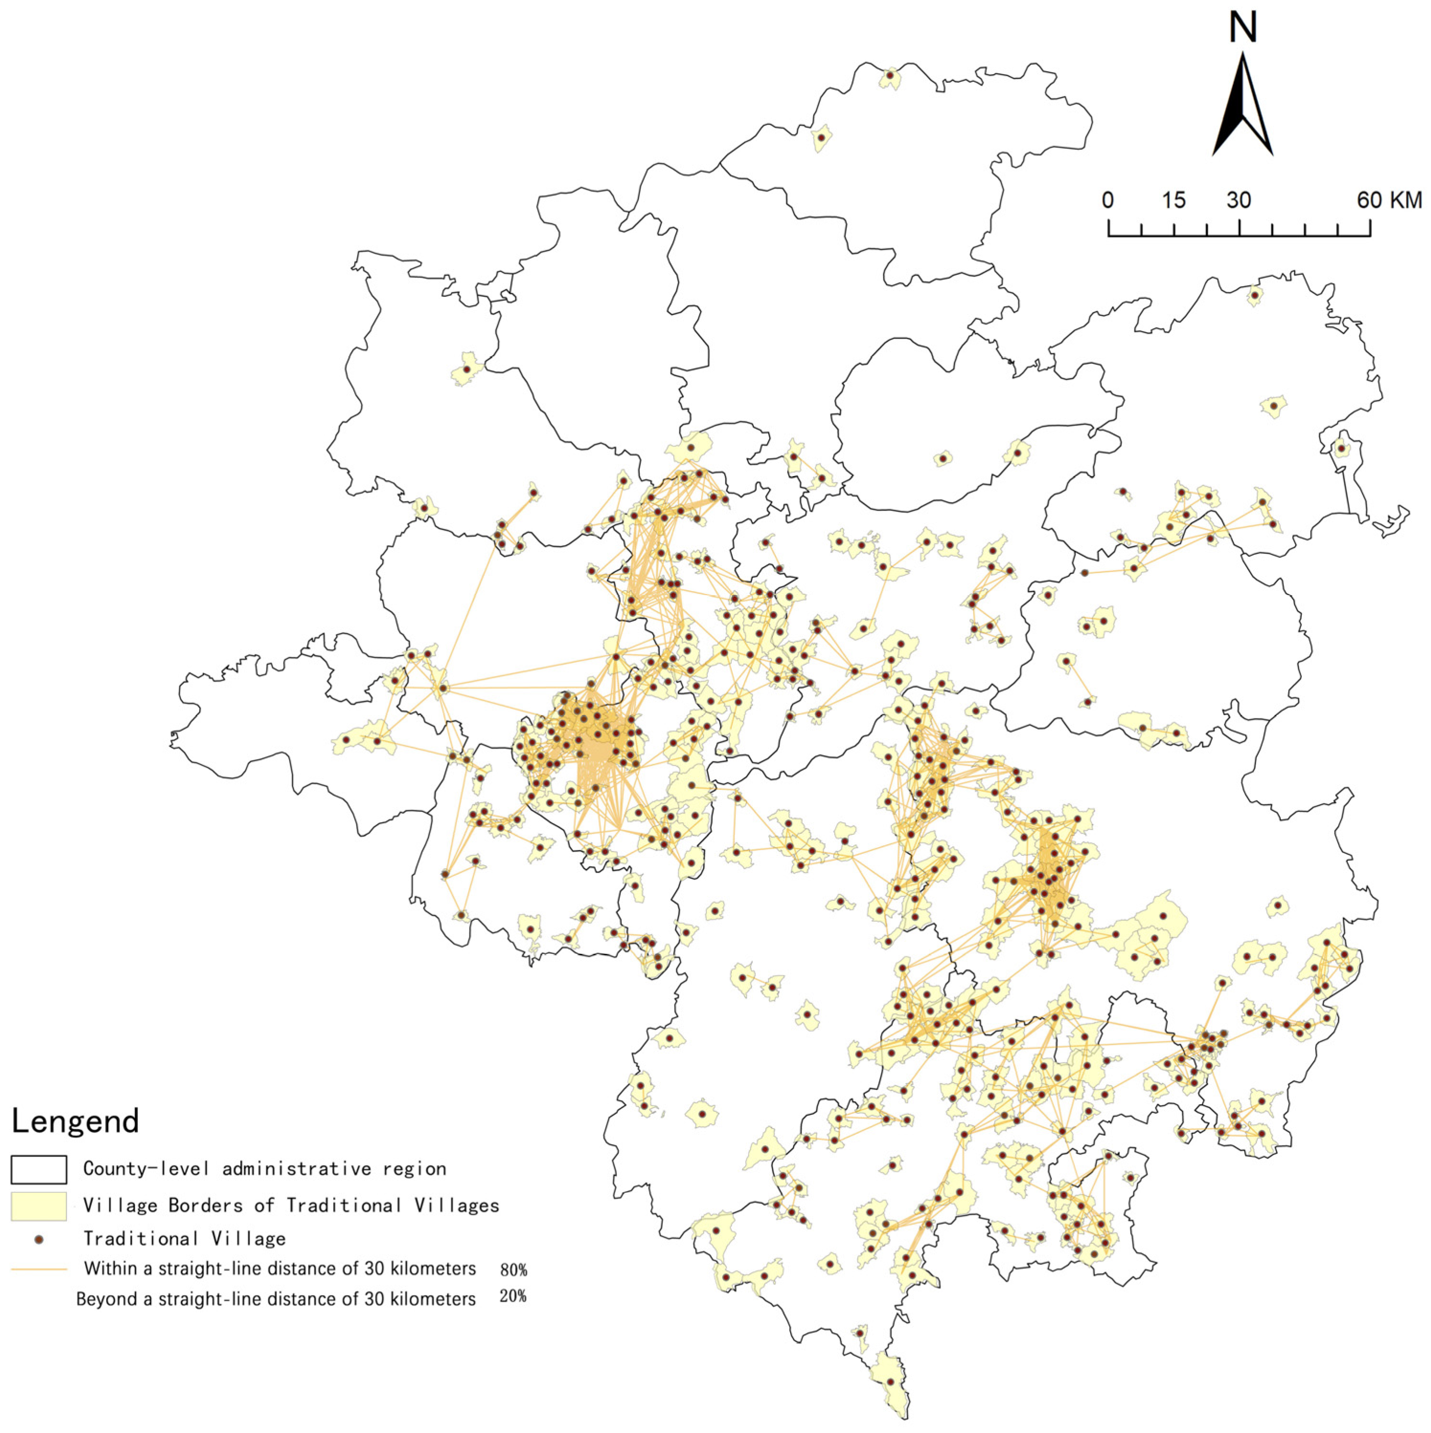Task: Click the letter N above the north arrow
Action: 1242,28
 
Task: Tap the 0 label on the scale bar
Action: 1107,200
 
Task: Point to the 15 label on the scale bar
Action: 1173,200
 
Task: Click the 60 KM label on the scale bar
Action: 1389,200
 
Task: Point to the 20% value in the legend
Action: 513,1296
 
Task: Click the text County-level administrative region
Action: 264,1169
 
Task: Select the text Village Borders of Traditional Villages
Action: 291,1205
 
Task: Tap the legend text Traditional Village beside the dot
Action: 184,1239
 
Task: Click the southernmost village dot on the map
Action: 890,1382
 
